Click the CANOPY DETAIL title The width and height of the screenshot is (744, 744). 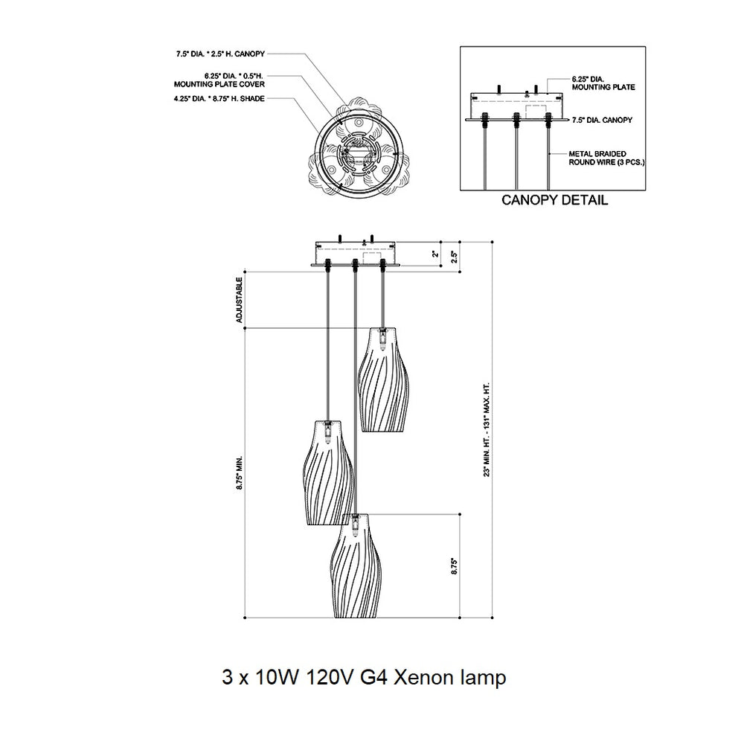(555, 199)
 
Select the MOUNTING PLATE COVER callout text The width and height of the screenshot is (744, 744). (219, 85)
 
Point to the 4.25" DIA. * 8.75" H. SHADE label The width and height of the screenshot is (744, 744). (219, 99)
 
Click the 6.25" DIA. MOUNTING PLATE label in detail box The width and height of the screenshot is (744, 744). (603, 83)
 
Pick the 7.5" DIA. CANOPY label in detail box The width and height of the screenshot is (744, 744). (602, 120)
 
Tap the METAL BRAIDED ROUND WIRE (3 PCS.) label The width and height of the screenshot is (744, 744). (606, 158)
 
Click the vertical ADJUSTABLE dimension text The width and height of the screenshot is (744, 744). (240, 300)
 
